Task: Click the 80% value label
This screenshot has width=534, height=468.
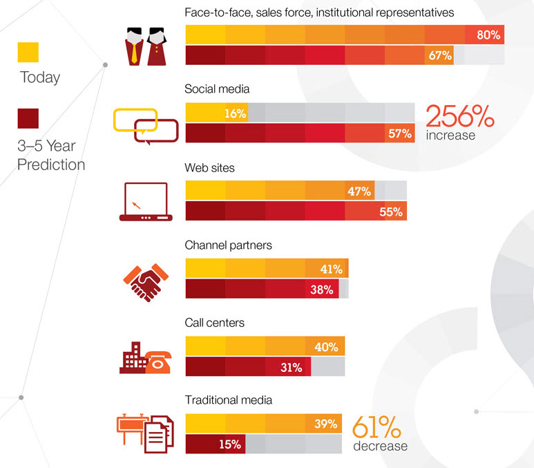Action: pos(488,35)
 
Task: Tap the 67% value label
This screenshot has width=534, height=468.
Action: pos(440,56)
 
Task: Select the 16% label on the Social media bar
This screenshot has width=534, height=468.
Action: pos(236,114)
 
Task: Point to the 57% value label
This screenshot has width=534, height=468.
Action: pos(400,134)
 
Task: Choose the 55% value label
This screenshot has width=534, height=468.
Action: pos(390,212)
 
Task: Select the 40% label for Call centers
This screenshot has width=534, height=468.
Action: pos(326,347)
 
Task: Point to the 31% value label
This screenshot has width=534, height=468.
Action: pos(291,368)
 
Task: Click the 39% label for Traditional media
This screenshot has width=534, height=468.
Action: pos(326,424)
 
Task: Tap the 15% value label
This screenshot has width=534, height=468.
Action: pos(229,444)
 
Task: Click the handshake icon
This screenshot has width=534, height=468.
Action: pos(146,280)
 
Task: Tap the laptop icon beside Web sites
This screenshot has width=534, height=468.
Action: pos(145,201)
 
